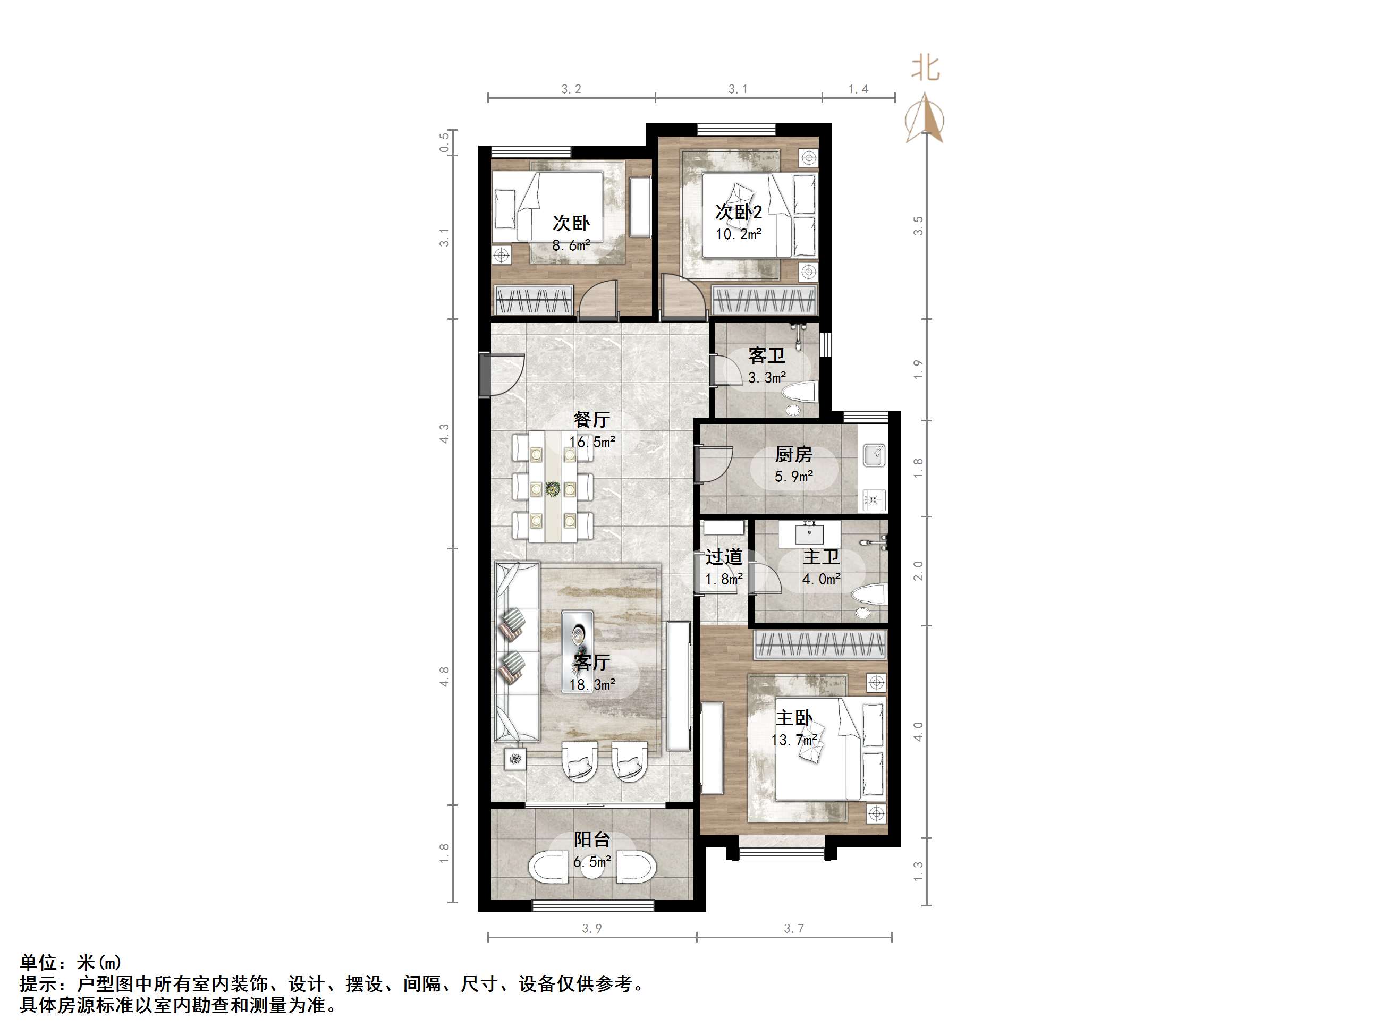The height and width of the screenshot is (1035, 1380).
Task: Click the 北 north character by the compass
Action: pyautogui.click(x=925, y=68)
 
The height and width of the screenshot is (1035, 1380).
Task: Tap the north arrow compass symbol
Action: pyautogui.click(x=925, y=119)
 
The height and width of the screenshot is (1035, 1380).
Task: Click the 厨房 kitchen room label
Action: pyautogui.click(x=793, y=454)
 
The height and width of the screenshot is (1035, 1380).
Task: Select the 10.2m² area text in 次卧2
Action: pyautogui.click(x=738, y=234)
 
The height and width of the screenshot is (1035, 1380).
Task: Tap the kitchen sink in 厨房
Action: pyautogui.click(x=874, y=455)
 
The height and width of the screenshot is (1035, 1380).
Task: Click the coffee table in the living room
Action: pyautogui.click(x=577, y=636)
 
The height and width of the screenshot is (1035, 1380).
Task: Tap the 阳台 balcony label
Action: pyautogui.click(x=591, y=839)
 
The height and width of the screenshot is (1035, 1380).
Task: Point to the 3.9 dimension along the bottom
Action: pyautogui.click(x=591, y=928)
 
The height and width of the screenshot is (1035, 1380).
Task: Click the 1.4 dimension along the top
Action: pyautogui.click(x=858, y=89)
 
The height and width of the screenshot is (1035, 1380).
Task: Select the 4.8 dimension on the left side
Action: pyautogui.click(x=444, y=677)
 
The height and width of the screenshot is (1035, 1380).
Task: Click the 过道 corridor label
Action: pyautogui.click(x=724, y=556)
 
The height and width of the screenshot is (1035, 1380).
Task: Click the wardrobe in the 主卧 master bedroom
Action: pyautogui.click(x=820, y=644)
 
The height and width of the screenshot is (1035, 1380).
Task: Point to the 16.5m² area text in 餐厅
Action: pyautogui.click(x=591, y=442)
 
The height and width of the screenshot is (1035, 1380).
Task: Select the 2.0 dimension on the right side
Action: pyautogui.click(x=918, y=570)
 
